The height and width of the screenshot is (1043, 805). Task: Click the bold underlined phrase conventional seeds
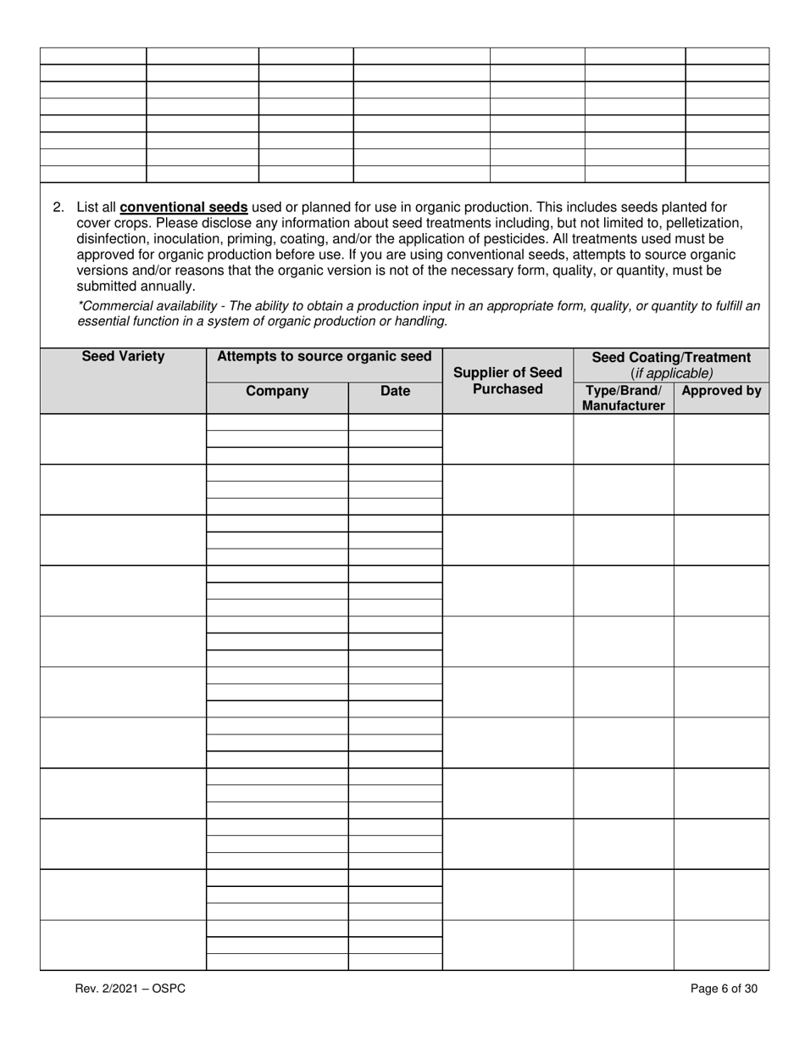(x=184, y=207)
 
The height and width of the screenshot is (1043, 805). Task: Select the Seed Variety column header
(x=123, y=357)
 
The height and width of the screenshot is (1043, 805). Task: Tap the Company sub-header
(x=277, y=391)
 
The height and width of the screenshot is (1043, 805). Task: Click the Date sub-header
(x=395, y=391)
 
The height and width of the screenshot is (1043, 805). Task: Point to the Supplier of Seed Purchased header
(x=508, y=381)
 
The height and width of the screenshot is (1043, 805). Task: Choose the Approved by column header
(x=721, y=391)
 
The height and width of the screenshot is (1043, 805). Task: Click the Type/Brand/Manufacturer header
(x=623, y=399)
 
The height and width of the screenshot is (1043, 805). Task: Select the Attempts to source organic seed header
(x=324, y=357)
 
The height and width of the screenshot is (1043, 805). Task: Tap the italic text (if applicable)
(x=671, y=373)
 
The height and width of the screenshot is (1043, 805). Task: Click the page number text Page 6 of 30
(x=724, y=988)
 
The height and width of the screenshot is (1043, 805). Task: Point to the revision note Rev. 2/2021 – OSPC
(x=130, y=988)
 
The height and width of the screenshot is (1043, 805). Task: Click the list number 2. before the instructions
(x=58, y=207)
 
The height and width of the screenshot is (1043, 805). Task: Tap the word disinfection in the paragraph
(x=112, y=239)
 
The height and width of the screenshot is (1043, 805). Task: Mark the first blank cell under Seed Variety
(x=123, y=439)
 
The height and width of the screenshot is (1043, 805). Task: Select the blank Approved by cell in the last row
(x=721, y=945)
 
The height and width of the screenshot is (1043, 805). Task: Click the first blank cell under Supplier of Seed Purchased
(x=508, y=439)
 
